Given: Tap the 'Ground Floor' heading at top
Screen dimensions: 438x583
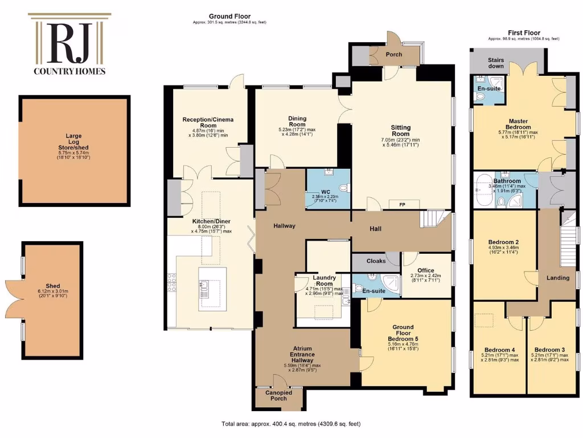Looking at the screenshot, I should tap(229, 17).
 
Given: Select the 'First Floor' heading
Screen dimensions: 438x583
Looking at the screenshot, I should tap(524, 33).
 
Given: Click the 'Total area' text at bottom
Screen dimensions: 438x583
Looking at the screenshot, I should tap(291, 424).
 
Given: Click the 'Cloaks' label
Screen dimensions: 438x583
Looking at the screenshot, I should tap(376, 261).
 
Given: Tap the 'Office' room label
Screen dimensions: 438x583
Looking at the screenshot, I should tap(425, 270).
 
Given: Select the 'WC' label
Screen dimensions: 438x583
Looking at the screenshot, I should tap(325, 192).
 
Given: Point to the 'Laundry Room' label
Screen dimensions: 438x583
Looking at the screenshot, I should tap(323, 281).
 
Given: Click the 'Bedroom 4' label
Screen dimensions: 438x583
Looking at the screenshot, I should tap(499, 350).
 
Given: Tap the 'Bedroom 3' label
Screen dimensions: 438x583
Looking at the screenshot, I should tap(550, 350).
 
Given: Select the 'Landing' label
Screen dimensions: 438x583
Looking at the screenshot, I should tap(558, 278).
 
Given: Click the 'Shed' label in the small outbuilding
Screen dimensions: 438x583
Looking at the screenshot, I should tap(53, 286).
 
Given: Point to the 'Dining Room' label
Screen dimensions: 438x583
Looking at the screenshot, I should tap(297, 121).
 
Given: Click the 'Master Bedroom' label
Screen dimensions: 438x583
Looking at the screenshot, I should tap(518, 124).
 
